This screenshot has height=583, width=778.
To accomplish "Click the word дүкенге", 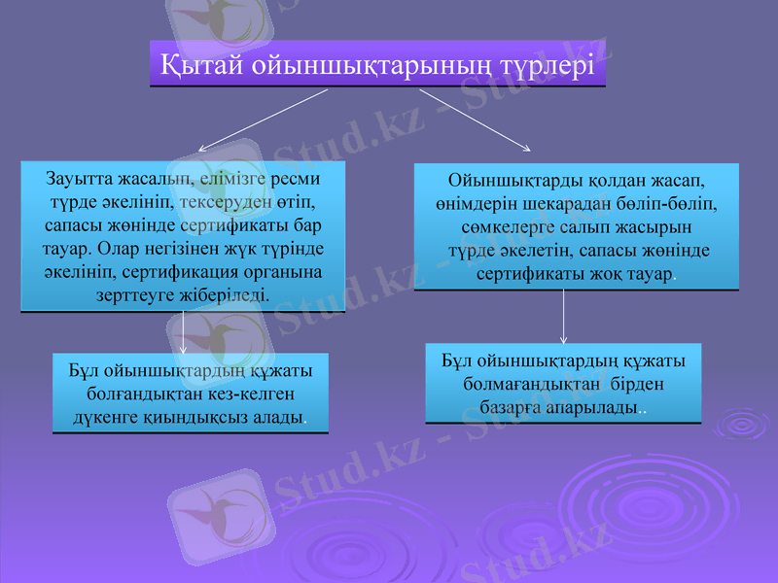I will (105, 419).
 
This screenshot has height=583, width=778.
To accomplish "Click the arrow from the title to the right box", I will (475, 120).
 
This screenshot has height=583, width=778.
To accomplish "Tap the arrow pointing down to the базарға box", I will (564, 316).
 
